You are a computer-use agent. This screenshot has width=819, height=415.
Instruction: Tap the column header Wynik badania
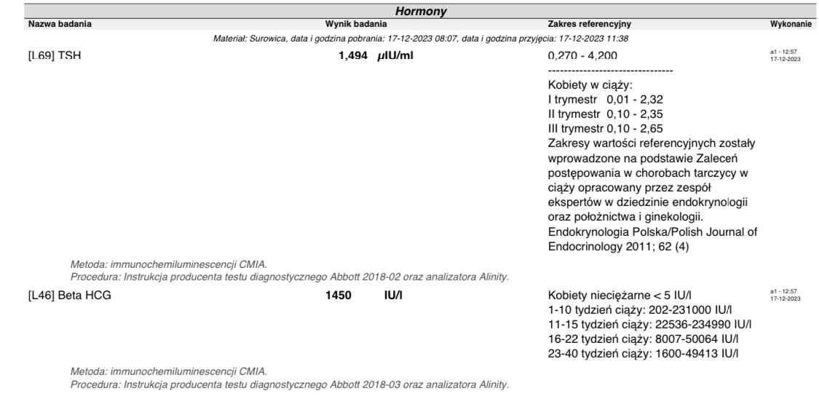point(355,24)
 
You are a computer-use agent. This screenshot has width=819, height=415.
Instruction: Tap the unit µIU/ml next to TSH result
point(395,56)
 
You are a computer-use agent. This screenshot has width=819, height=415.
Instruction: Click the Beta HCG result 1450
point(339,296)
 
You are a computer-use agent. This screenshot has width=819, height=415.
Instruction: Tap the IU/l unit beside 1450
point(394,296)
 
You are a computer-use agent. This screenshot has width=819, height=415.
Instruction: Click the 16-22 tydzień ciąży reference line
point(644,339)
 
